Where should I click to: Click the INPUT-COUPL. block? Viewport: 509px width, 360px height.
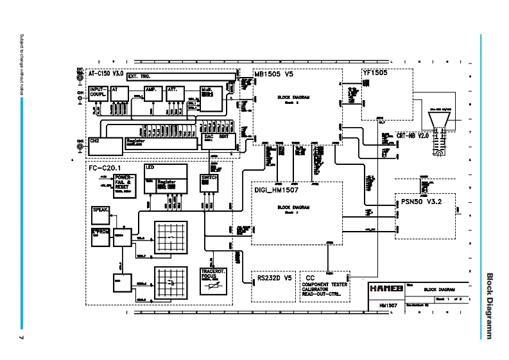98,94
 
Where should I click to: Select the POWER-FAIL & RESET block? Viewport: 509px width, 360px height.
125,182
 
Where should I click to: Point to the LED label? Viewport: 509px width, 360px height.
150,167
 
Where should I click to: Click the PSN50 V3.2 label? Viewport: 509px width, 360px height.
420,201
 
